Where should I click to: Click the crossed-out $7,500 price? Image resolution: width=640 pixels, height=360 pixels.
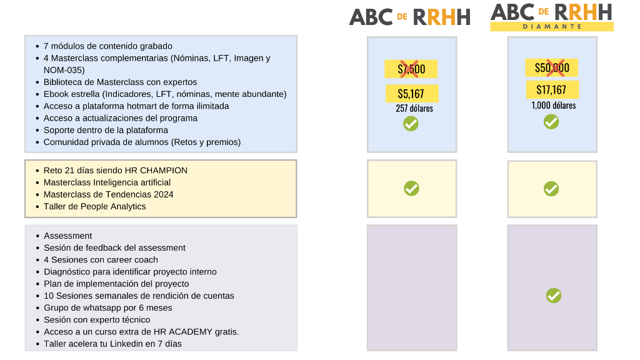coord(411,69)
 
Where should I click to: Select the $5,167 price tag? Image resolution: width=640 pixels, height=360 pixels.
coord(412,94)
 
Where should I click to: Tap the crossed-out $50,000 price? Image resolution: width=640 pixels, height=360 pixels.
coord(551,67)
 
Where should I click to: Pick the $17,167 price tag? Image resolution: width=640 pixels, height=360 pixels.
coord(552,89)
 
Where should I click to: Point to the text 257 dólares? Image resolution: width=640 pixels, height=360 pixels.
coord(414,109)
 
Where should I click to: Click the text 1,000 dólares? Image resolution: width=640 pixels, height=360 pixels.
coord(554,105)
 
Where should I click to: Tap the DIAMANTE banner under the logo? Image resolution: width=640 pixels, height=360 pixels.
coord(552,26)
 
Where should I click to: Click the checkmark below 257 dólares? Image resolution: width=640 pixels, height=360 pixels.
coord(411,124)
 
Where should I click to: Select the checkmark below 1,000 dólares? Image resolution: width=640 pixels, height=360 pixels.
coord(551,122)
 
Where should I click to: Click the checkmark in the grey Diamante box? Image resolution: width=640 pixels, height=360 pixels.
coord(554,296)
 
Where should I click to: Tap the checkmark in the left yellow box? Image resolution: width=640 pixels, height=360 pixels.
coord(411,188)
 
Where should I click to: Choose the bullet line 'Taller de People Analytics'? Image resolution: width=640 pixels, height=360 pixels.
coord(95,206)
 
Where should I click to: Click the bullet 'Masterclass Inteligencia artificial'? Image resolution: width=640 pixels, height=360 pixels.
coord(107,182)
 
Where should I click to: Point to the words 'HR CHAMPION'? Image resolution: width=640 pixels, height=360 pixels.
coord(163,171)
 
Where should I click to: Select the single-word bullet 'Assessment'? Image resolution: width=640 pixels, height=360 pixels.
coord(67,236)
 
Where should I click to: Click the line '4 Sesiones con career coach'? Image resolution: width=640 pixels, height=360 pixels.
coord(101,260)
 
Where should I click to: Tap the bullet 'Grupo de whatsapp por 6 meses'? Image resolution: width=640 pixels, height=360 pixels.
coord(107,307)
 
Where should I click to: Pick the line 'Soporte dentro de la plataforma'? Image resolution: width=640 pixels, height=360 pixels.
coord(106,130)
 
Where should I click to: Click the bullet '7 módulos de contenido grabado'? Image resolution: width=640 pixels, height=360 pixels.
coord(107,46)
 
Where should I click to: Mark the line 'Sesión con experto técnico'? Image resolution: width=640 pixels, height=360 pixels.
coord(97,320)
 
